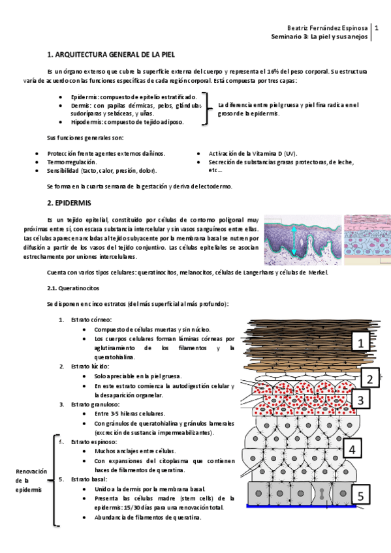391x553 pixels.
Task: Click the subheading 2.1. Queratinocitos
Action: click(73, 288)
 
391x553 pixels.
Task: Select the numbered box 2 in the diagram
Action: click(369, 378)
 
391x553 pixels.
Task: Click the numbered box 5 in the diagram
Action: click(361, 496)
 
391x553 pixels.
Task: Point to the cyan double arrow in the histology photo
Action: click(294, 241)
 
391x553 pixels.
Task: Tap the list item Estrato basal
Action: click(90, 479)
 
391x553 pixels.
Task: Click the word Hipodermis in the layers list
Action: click(87, 122)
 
